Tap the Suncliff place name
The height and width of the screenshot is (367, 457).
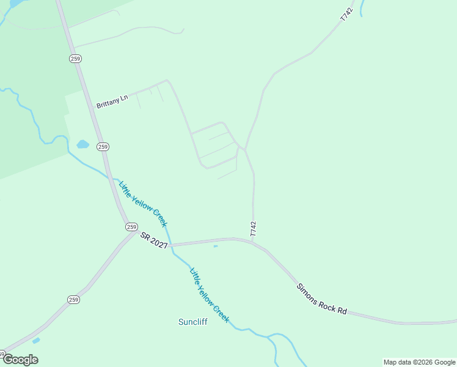click(x=192, y=322)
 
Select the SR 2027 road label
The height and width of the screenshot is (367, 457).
click(x=153, y=240)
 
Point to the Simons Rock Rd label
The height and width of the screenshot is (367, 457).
click(x=321, y=299)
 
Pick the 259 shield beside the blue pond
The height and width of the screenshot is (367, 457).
click(x=103, y=147)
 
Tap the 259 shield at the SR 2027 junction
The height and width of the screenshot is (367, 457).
click(x=131, y=226)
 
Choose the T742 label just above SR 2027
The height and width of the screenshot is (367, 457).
click(x=253, y=229)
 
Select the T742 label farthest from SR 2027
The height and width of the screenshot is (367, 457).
click(x=346, y=15)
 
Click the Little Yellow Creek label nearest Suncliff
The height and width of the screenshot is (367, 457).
click(x=210, y=295)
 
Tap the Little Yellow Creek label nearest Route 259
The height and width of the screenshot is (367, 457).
click(x=142, y=204)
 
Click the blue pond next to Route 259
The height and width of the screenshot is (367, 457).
click(x=82, y=144)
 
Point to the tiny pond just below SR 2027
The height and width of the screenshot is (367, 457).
click(x=215, y=247)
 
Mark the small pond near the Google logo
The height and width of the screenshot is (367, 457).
click(x=36, y=340)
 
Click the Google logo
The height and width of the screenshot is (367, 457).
click(x=20, y=359)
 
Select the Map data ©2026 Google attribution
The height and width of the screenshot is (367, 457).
click(x=419, y=362)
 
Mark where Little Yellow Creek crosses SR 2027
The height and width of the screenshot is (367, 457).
click(x=170, y=245)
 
